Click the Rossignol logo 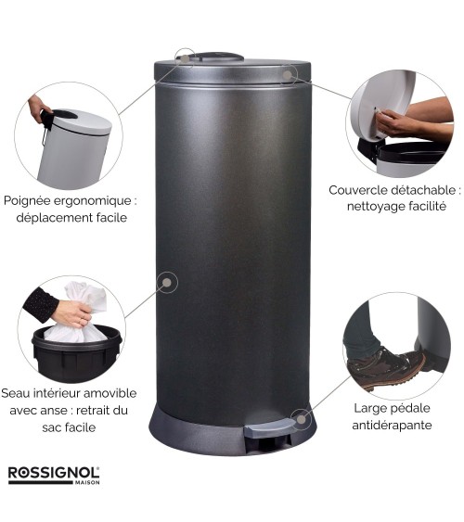click(x=54, y=475)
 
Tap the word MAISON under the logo click(x=87, y=482)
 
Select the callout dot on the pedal click(x=301, y=419)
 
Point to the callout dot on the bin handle click(x=185, y=58)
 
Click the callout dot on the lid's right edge click(x=287, y=75)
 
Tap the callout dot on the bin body click(x=167, y=283)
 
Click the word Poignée click(x=26, y=201)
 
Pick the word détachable click(x=423, y=190)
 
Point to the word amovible click(x=110, y=393)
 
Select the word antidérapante click(x=392, y=426)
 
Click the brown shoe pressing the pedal click(x=386, y=366)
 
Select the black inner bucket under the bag click(x=77, y=353)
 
